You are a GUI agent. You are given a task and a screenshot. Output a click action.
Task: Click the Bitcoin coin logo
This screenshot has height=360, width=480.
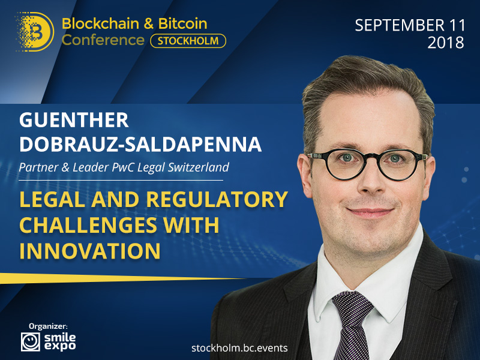coord(35,32)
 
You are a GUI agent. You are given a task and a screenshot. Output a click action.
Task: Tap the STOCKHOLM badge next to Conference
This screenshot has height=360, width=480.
coord(188,41)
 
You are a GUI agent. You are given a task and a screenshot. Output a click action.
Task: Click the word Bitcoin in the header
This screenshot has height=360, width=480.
coord(183,23)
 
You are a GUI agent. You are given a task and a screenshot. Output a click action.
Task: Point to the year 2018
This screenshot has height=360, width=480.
coord(446,43)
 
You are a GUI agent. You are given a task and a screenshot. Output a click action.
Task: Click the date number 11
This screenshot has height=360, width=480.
coord(457,25)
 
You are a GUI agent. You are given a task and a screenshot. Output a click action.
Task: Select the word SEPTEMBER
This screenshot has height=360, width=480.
coord(400,25)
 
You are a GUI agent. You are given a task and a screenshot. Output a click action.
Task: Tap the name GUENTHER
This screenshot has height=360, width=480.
coord(74,120)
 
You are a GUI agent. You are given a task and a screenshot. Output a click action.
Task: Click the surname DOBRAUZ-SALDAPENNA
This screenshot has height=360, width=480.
coord(140,145)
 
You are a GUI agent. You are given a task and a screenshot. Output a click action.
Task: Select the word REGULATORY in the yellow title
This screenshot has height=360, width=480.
coord(217,200)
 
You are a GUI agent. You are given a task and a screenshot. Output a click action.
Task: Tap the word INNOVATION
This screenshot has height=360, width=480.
coord(89,251)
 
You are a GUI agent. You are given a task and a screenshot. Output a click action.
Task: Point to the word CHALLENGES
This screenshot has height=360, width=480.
coord(88,226)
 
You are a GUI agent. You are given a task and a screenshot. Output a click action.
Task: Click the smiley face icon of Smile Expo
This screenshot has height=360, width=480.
coord(31,341)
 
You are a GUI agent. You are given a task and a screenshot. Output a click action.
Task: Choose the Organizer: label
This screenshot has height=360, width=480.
coord(48,326)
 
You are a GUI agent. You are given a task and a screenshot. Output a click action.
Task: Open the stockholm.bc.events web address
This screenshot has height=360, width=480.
coord(239,348)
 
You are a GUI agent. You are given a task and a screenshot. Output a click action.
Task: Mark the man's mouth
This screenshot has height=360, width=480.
coord(370,212)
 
